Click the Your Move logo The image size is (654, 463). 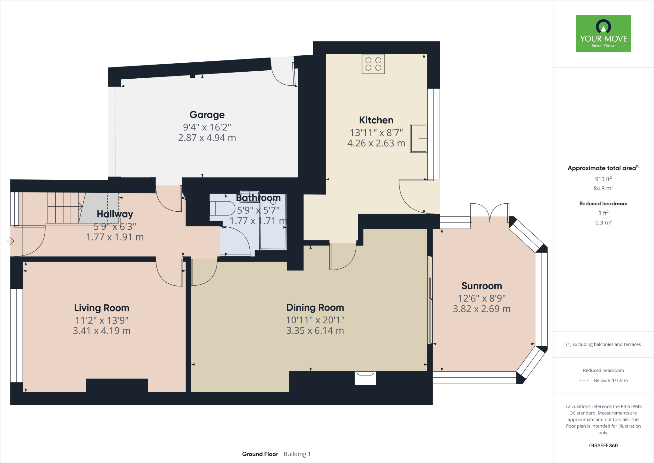click(x=603, y=34)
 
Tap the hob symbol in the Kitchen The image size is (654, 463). click(x=373, y=64)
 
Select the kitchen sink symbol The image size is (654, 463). click(x=419, y=138)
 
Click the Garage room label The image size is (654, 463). click(x=207, y=115)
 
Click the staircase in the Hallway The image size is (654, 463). click(x=64, y=208)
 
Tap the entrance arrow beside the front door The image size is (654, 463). click(x=10, y=241)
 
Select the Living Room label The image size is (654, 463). click(x=102, y=308)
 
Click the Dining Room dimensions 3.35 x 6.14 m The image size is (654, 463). click(x=315, y=331)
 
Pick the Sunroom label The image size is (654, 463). click(x=482, y=286)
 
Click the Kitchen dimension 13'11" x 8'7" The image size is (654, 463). click(x=376, y=132)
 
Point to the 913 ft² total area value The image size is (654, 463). click(x=603, y=179)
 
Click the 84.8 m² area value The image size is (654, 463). click(x=603, y=188)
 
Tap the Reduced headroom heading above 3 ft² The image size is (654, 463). click(x=603, y=204)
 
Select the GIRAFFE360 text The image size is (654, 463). click(x=603, y=445)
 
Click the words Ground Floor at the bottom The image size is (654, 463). click(x=260, y=454)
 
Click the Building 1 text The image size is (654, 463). click(x=297, y=454)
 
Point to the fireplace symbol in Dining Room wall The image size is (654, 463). click(x=365, y=378)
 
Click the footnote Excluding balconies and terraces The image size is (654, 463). click(x=603, y=344)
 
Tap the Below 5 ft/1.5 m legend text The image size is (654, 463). click(x=611, y=381)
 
